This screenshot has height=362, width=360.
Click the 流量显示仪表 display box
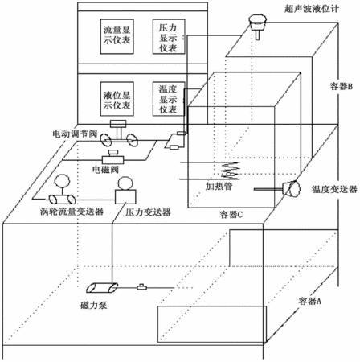click(x=117, y=36)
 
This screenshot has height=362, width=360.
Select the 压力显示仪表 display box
click(x=169, y=36)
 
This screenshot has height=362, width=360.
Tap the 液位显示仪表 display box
click(x=117, y=99)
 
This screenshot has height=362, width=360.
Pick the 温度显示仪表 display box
click(x=169, y=99)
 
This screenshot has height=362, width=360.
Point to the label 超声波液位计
click(x=312, y=9)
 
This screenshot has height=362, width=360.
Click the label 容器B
click(x=341, y=86)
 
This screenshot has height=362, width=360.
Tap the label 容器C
click(x=231, y=215)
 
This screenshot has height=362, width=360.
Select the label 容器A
click(x=310, y=301)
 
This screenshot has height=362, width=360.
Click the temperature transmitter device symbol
click(x=291, y=189)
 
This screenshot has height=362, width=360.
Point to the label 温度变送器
click(x=334, y=189)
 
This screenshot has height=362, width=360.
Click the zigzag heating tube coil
click(x=230, y=171)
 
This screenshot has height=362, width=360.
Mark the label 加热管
click(x=219, y=186)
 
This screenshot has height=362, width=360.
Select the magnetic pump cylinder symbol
click(x=102, y=287)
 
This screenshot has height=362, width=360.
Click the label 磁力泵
click(x=94, y=305)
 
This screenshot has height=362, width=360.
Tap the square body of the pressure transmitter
click(x=125, y=196)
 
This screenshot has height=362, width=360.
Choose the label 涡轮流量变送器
click(x=72, y=212)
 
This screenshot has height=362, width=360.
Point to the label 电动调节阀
click(x=75, y=134)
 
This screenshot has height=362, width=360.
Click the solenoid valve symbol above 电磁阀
click(x=113, y=157)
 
